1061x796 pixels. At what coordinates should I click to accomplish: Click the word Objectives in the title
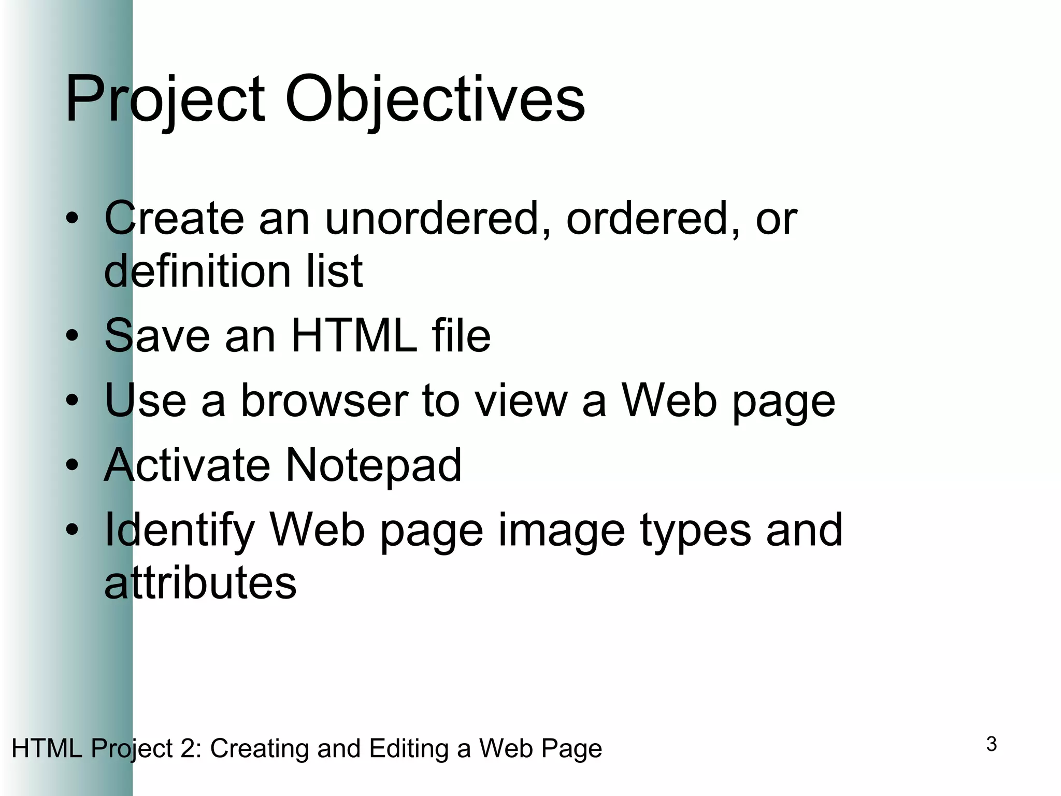pos(435,99)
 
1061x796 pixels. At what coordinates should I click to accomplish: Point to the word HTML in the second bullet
pos(354,336)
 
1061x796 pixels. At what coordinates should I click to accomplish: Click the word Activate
pos(187,465)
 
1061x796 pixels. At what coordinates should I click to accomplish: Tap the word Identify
pos(179,531)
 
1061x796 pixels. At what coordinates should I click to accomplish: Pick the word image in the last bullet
pos(562,531)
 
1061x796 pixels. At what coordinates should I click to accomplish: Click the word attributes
pos(200,584)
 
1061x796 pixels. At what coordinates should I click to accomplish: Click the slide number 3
pos(992,744)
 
